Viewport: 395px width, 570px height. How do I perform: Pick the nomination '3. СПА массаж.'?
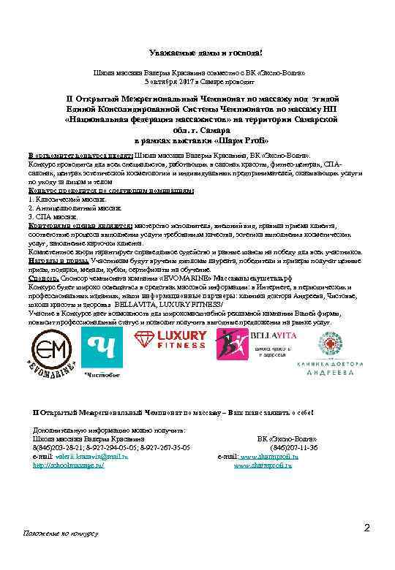click(x=52, y=217)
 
